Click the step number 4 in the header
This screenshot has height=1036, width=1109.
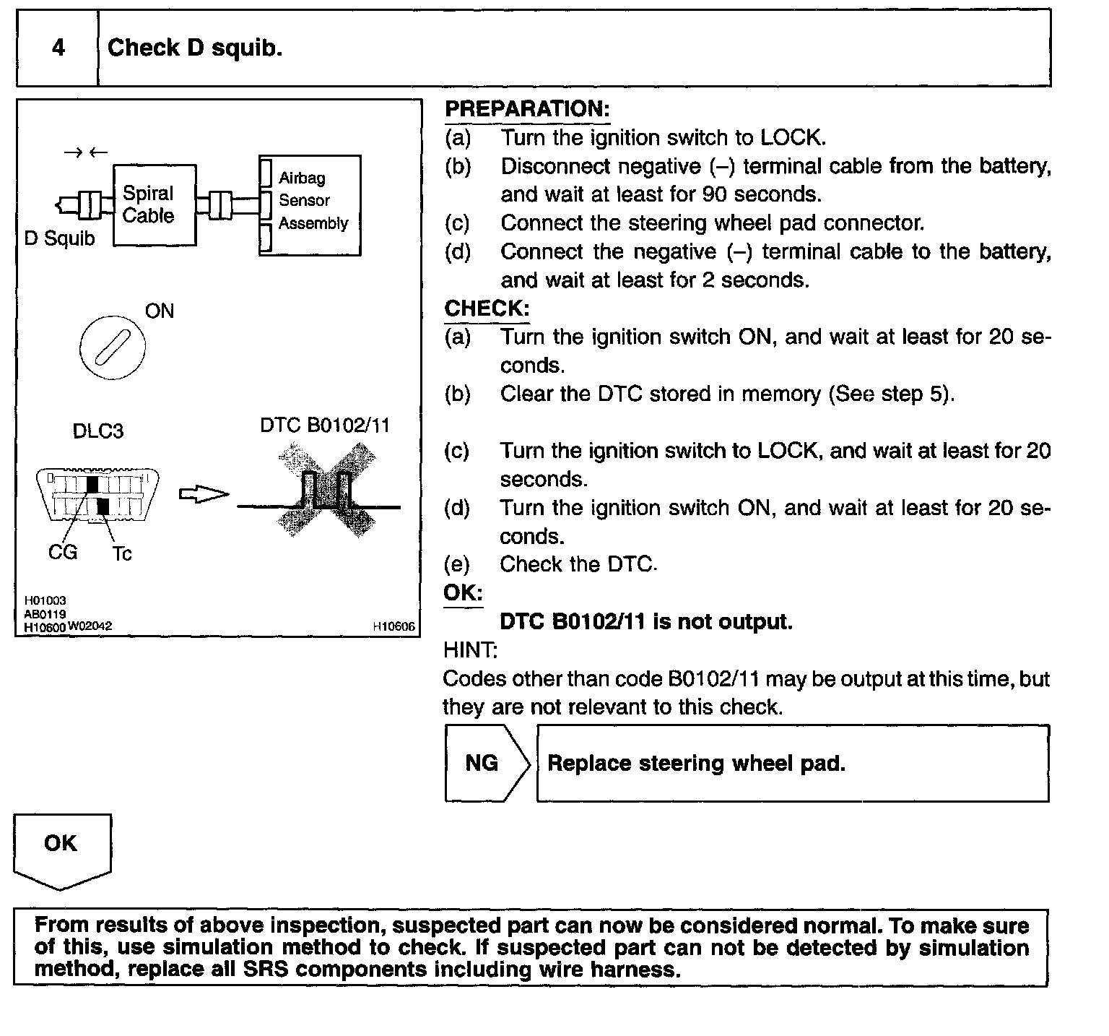pyautogui.click(x=58, y=48)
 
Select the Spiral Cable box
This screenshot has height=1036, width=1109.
pyautogui.click(x=154, y=205)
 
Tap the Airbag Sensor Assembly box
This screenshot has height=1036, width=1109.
pyautogui.click(x=310, y=204)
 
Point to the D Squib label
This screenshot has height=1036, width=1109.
pyautogui.click(x=59, y=238)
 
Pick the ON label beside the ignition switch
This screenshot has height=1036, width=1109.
pyautogui.click(x=160, y=311)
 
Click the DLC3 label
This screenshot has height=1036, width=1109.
pyautogui.click(x=98, y=431)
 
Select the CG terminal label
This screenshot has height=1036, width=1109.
pyautogui.click(x=62, y=552)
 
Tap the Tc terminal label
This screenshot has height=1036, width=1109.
pyautogui.click(x=121, y=553)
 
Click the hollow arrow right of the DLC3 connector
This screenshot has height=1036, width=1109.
pyautogui.click(x=203, y=494)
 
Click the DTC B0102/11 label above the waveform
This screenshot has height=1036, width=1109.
pyautogui.click(x=325, y=425)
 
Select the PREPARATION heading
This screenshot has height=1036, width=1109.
pyautogui.click(x=527, y=109)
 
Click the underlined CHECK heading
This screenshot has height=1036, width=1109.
pyautogui.click(x=487, y=308)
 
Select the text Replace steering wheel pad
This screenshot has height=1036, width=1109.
pyautogui.click(x=696, y=763)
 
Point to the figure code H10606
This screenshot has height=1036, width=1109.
pyautogui.click(x=394, y=626)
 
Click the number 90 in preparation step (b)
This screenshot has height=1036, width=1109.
pyautogui.click(x=715, y=194)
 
